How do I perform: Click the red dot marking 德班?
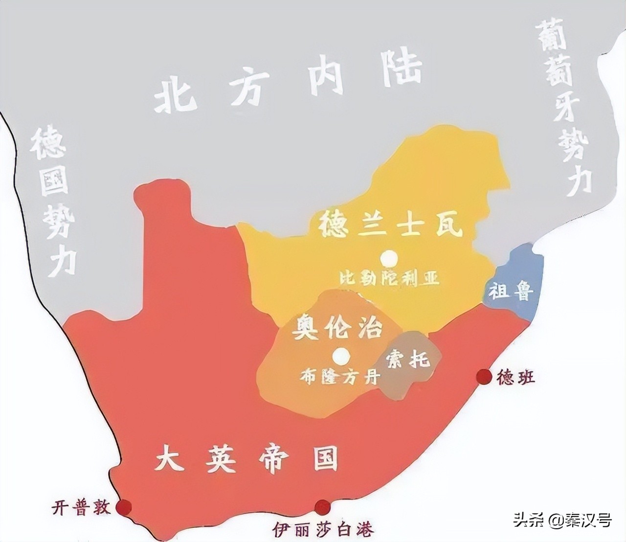[x=484, y=376]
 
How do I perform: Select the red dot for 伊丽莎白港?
[x=322, y=507]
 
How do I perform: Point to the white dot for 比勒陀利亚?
[x=389, y=257]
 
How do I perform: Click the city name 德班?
[x=515, y=377]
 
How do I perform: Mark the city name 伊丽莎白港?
[x=323, y=529]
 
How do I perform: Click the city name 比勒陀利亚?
[x=389, y=278]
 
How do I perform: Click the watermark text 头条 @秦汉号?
[x=562, y=520]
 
